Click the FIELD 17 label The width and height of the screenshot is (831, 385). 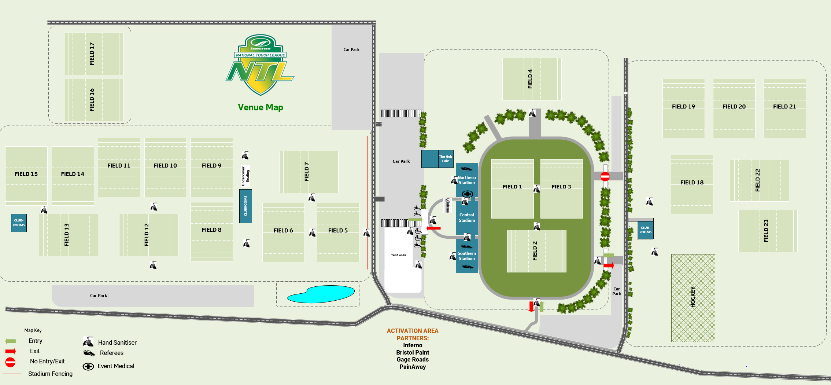[92, 54]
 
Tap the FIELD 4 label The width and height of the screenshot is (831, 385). [530, 79]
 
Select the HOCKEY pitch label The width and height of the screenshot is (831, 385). [692, 297]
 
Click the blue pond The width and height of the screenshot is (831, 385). [321, 294]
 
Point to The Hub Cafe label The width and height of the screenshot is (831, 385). [446, 159]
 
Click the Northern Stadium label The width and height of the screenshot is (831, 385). [466, 180]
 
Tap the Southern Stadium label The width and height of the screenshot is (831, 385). [466, 256]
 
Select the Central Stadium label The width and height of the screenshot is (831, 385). [466, 217]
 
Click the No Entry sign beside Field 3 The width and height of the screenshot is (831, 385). [605, 176]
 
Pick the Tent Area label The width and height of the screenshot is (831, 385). [398, 255]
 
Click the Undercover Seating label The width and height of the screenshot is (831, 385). [245, 176]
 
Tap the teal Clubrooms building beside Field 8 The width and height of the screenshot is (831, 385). [245, 206]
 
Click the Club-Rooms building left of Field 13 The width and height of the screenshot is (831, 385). [19, 223]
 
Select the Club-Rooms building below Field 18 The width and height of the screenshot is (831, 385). [645, 230]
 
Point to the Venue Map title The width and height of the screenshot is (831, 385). [260, 107]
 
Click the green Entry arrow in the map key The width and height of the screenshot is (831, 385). [11, 341]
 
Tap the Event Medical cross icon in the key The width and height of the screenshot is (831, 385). [88, 366]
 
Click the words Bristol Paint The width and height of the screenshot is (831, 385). [412, 352]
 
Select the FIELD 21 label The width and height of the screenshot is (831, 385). [784, 107]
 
